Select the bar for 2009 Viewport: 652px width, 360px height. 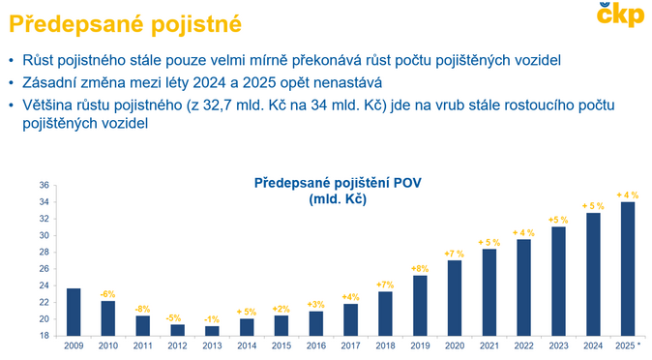[x=74, y=312]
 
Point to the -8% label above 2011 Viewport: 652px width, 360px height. [x=142, y=309]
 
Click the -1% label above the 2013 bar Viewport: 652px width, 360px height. [x=211, y=318]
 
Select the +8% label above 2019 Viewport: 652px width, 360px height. [x=420, y=268]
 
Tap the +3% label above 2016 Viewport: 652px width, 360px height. [x=315, y=304]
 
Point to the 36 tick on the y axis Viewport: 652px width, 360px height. [x=44, y=186]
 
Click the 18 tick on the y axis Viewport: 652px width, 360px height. [x=44, y=336]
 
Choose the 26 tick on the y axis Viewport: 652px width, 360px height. [x=44, y=269]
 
